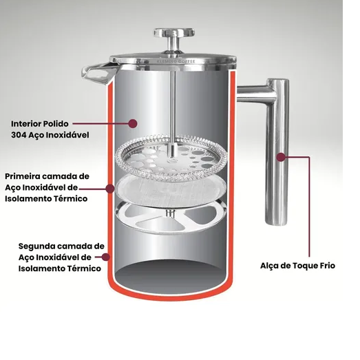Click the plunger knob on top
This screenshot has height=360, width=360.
pos(174,33)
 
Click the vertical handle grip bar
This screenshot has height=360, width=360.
pos(277,152)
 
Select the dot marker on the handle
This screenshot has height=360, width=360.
pos(281,157)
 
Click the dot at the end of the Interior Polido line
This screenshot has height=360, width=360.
pos(132,123)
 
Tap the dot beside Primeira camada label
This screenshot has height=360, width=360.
pos(110,189)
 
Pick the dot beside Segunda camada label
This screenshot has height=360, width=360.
pos(105,257)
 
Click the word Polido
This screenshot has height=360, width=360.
pos(56,124)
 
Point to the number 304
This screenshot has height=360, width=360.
pos(19,135)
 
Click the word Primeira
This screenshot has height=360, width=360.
pos(23,176)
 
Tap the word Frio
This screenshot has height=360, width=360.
pos(326,266)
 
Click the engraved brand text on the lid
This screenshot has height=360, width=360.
pos(176,61)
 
